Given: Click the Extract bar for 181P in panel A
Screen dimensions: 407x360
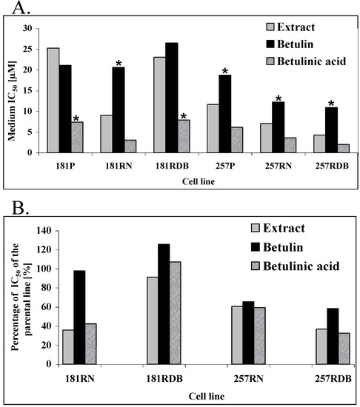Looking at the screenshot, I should pyautogui.click(x=53, y=101).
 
